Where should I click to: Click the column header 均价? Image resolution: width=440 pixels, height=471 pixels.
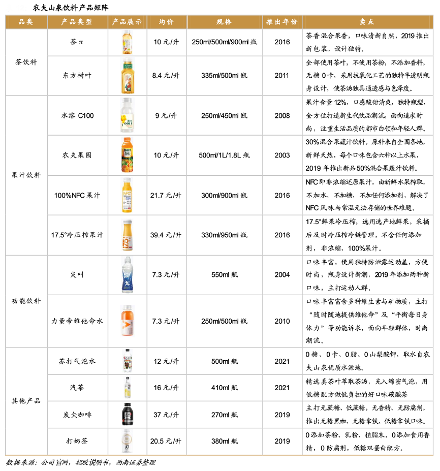166,22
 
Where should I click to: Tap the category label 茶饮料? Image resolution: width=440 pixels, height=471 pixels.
26,61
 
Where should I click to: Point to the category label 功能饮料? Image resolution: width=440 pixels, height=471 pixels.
26,301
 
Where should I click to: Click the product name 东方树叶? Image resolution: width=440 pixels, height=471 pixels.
77,76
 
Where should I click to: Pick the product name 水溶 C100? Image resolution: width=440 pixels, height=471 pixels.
77,115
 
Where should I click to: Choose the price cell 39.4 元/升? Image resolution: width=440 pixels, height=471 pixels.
166,235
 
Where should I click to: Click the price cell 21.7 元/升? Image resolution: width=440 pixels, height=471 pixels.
166,195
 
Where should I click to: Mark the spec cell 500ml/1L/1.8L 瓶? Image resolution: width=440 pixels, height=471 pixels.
224,155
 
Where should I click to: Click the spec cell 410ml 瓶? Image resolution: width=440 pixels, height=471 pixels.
224,388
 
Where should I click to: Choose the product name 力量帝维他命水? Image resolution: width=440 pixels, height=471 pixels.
77,321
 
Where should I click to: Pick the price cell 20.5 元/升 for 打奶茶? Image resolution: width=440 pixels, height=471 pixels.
166,441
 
